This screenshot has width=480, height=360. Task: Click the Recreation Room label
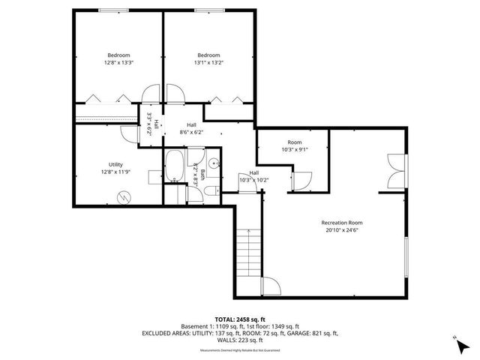(341, 223)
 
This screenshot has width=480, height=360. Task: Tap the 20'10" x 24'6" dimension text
(341, 230)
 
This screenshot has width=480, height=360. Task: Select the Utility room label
(115, 164)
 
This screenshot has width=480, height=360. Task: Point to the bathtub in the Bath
(174, 167)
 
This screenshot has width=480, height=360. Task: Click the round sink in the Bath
(214, 162)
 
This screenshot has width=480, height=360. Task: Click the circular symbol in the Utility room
(123, 197)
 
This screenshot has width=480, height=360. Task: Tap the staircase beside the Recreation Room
(248, 254)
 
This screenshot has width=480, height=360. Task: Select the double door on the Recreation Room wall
(395, 170)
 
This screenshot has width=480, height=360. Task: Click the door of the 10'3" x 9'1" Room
(304, 180)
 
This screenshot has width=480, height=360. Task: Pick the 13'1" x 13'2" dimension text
(208, 63)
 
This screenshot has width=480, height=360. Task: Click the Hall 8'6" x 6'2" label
(191, 128)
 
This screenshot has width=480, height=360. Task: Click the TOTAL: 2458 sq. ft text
(239, 319)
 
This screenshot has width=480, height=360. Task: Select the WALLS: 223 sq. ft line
(239, 340)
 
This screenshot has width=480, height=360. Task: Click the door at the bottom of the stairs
(271, 286)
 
